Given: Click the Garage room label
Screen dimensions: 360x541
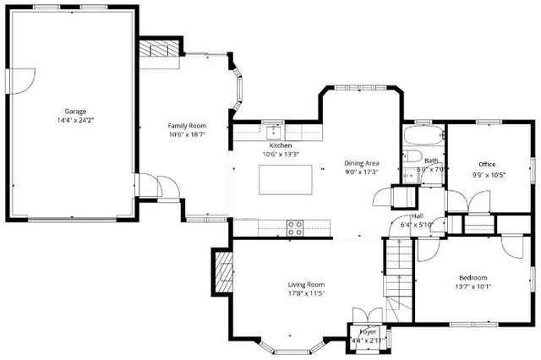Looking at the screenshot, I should (x=76, y=111).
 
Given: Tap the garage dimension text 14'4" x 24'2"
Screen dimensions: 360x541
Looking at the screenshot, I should (x=76, y=120).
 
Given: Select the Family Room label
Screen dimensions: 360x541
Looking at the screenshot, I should (x=187, y=125).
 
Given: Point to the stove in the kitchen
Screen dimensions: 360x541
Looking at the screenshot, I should (x=295, y=226).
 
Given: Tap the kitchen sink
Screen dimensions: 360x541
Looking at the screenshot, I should (x=274, y=131).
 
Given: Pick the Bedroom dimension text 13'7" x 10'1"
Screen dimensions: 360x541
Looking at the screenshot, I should (x=474, y=286).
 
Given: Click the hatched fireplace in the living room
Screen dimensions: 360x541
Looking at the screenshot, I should (x=224, y=273).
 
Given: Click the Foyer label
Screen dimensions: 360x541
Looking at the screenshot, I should (x=368, y=332).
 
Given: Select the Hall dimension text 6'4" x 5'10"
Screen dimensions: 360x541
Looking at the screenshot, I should (x=417, y=224).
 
